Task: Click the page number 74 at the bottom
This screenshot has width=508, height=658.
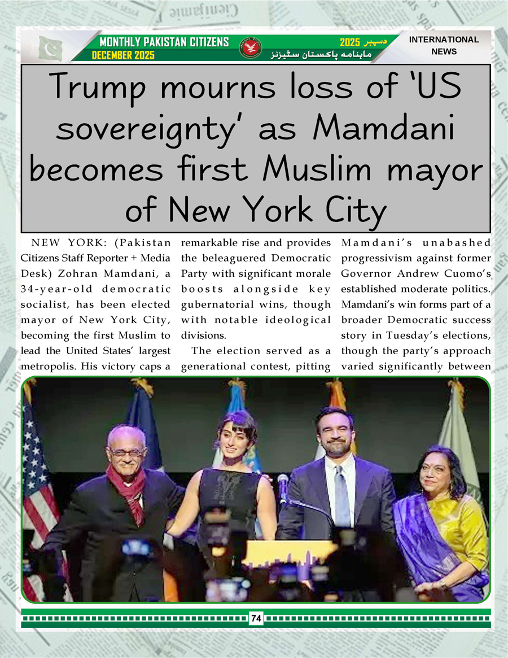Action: click(256, 618)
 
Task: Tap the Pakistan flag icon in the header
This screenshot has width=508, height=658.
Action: click(50, 48)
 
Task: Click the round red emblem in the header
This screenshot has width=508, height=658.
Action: click(248, 49)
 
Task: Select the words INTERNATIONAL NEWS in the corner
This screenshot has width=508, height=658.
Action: click(444, 45)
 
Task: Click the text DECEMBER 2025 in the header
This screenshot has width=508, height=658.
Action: click(123, 55)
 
